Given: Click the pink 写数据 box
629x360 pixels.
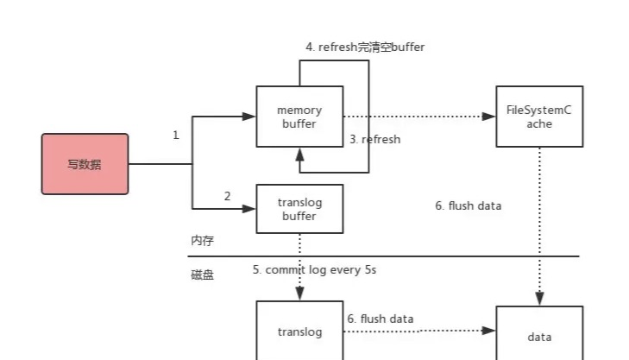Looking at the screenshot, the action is point(85,164).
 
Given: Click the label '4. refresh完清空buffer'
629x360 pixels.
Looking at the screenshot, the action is point(365,47).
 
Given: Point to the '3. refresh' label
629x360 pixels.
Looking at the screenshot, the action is point(375,139).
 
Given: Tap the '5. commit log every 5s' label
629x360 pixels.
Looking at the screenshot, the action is point(314,269).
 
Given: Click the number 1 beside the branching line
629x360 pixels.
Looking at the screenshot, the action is point(176,135).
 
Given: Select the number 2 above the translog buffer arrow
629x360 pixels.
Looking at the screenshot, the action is point(227,196).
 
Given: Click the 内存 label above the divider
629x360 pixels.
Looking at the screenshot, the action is point(203,240).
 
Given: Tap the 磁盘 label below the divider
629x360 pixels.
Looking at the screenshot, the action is point(203,275).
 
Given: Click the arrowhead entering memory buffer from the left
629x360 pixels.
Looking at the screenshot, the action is point(249,117).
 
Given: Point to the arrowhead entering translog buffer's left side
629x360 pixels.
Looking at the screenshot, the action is point(249,209).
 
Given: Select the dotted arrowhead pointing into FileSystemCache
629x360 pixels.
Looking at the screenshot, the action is point(489,117).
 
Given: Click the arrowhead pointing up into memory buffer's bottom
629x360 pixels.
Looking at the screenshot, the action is point(299,155).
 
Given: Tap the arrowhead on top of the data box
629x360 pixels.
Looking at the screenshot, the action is point(539,299).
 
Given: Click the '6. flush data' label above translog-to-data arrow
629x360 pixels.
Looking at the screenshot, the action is point(381,319).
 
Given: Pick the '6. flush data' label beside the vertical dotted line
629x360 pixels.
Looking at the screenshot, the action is point(469,205).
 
